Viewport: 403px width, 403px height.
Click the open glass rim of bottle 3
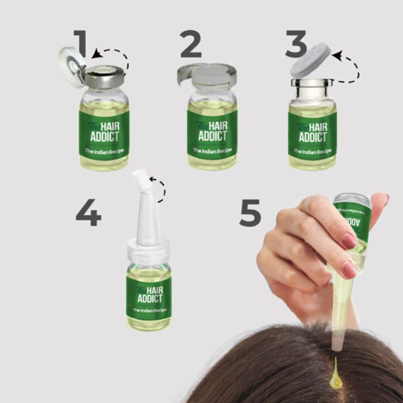point(312,83)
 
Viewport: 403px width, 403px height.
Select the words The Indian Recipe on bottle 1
point(104,151)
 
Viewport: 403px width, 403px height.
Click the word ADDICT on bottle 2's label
point(212,136)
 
